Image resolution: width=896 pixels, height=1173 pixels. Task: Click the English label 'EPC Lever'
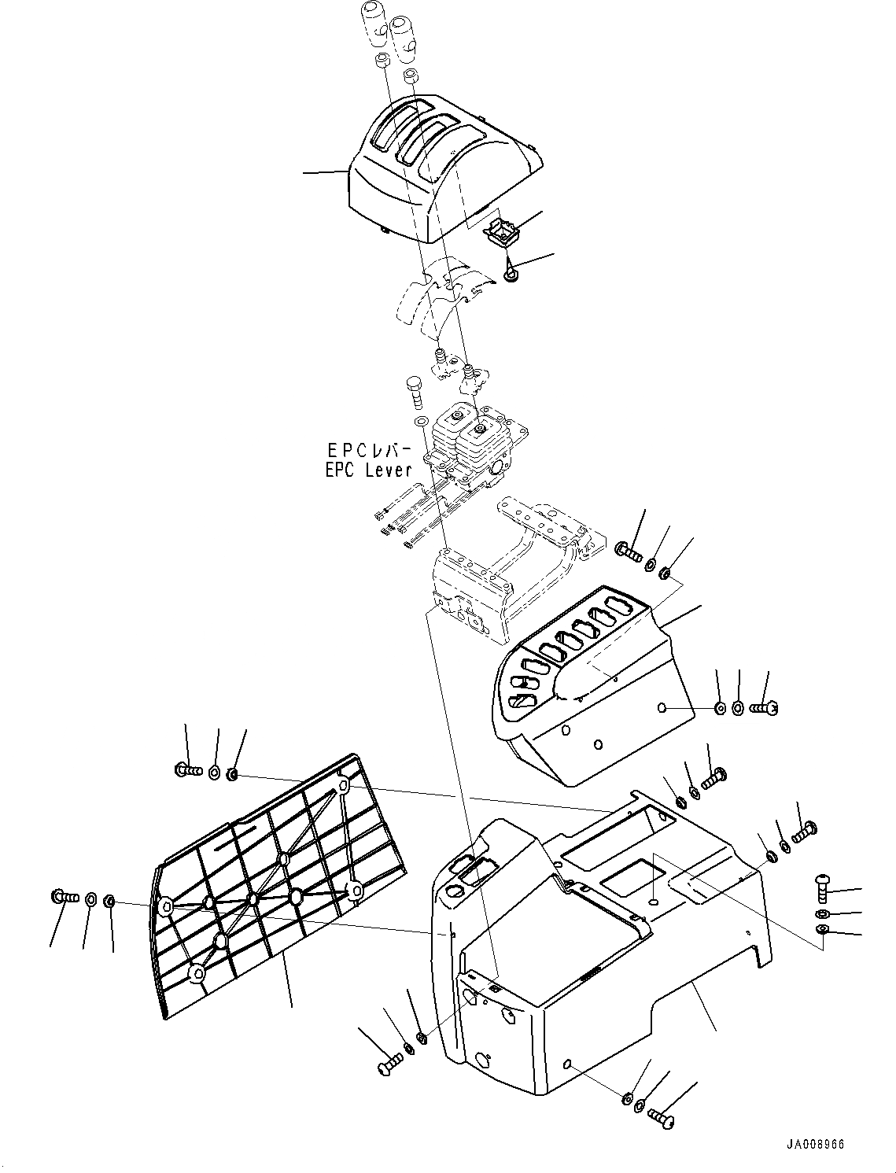click(368, 470)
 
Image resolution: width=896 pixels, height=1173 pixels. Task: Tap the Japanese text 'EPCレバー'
click(369, 451)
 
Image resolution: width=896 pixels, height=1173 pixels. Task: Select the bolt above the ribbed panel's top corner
click(186, 769)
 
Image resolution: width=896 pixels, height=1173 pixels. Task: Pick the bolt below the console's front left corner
click(389, 1068)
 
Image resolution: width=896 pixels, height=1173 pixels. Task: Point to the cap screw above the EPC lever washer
click(415, 390)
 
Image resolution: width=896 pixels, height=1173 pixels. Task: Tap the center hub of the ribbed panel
click(253, 898)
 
